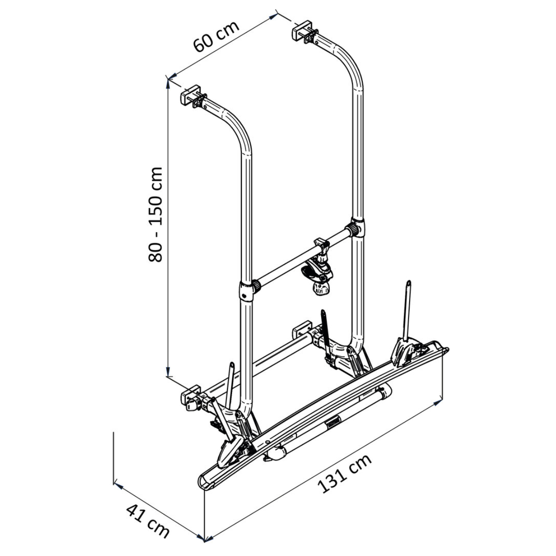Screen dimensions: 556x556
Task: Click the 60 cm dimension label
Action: pos(216,37)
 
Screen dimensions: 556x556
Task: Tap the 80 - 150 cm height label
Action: pos(155,215)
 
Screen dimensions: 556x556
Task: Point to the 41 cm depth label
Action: pos(147,513)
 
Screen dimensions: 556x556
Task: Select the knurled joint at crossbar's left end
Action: pos(256,286)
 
